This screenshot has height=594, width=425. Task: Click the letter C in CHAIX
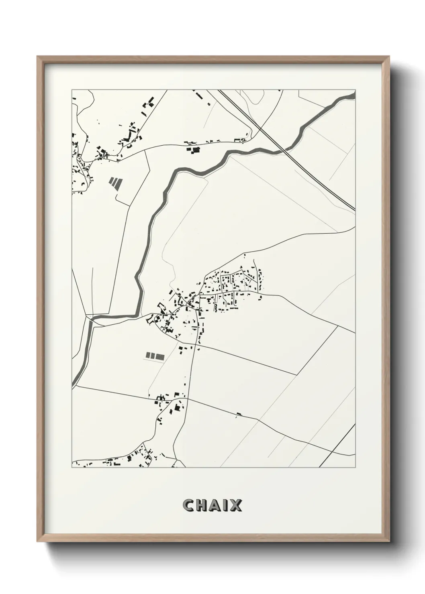coord(189,505)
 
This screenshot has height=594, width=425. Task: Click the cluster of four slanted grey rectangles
coord(114,183)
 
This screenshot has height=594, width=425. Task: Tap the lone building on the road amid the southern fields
coord(239,414)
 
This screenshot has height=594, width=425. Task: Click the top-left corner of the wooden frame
coord(37,57)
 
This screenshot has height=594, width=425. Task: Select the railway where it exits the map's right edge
coord(354,209)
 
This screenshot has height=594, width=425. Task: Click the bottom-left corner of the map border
coord(72,468)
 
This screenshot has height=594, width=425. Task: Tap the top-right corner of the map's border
coord(356,90)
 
